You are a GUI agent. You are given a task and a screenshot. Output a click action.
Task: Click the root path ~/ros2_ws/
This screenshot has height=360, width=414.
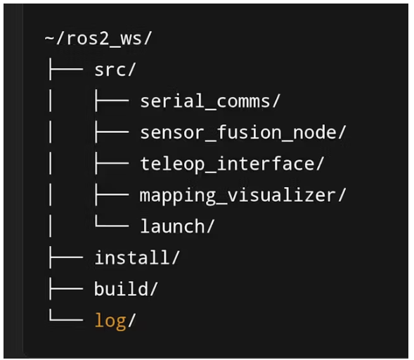98,39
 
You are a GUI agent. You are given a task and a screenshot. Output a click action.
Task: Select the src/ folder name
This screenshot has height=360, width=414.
115,70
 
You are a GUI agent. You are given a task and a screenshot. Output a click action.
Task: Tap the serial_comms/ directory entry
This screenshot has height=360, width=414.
210,101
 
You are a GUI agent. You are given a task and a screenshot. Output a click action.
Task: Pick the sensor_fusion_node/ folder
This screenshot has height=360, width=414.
243,133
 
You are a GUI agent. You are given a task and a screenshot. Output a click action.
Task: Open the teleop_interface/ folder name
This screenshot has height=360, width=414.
232,164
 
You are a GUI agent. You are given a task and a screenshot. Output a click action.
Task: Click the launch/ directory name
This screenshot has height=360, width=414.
177,226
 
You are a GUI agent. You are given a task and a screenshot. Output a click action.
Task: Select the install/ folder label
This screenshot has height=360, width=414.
137,257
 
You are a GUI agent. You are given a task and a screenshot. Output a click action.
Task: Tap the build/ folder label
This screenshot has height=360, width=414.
126,289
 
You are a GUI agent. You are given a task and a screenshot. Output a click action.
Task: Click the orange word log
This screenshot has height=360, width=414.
110,321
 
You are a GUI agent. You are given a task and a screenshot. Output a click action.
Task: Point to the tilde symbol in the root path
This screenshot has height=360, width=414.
50,38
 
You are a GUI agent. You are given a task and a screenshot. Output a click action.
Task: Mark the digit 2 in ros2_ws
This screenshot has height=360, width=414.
104,39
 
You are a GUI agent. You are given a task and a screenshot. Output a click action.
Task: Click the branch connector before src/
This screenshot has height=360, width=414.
66,70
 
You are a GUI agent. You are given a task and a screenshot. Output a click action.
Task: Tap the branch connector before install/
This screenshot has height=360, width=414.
66,257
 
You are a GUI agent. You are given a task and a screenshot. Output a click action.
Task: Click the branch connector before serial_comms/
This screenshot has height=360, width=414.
112,101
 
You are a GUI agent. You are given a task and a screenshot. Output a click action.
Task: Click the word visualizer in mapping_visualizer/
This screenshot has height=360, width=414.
282,195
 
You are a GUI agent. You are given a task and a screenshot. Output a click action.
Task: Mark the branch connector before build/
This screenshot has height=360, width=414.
66,288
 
